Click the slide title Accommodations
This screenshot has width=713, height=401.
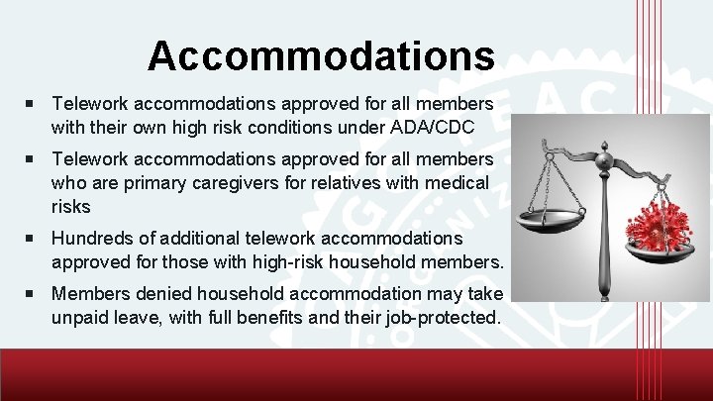[321, 55]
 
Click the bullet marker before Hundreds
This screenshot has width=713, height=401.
[34, 239]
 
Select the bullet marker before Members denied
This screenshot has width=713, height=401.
[34, 294]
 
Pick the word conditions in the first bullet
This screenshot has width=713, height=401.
[284, 127]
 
